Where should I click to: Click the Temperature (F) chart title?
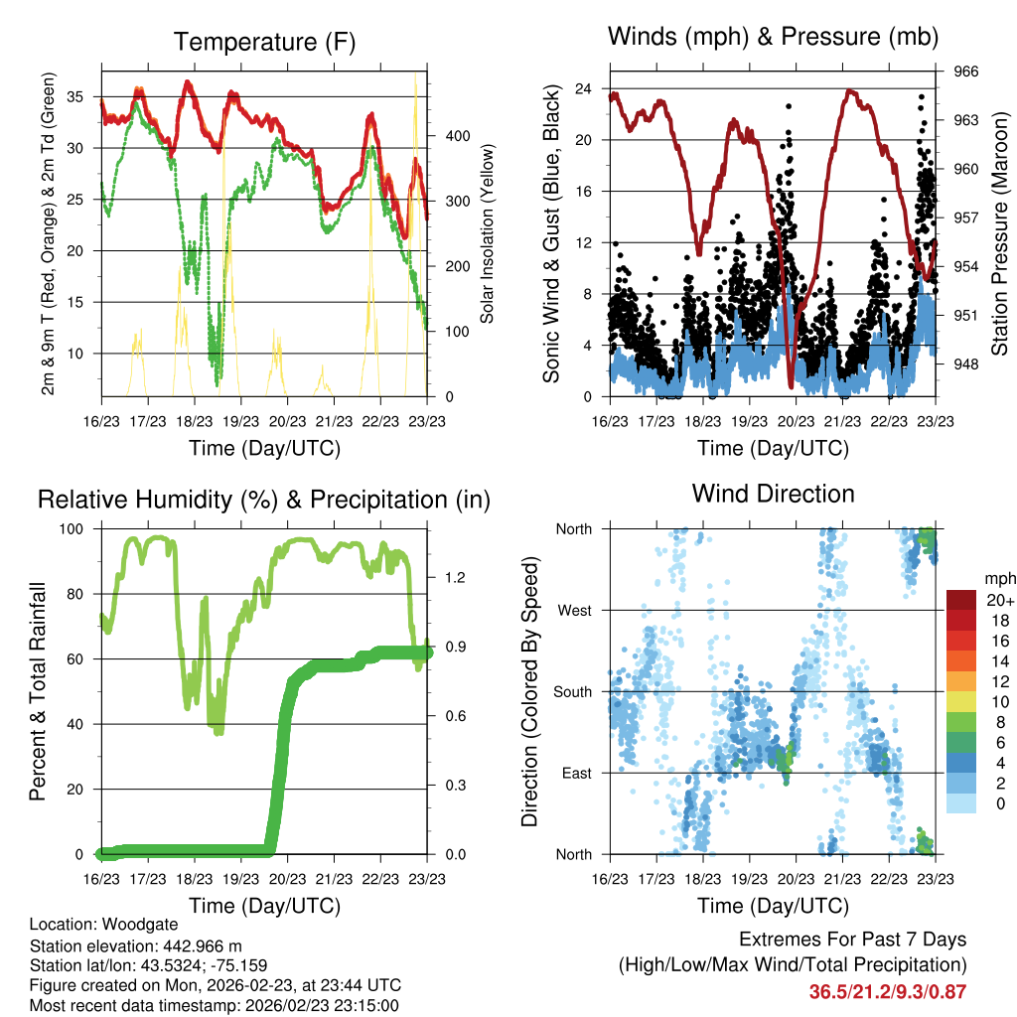click(x=263, y=42)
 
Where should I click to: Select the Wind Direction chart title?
click(x=773, y=493)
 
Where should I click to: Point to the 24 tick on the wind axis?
click(x=584, y=88)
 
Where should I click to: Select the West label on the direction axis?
click(x=573, y=610)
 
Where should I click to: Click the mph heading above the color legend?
click(x=999, y=578)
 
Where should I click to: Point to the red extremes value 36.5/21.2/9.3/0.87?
click(x=887, y=991)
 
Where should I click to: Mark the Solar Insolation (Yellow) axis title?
click(x=488, y=233)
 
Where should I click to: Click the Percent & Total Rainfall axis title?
click(x=38, y=691)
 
